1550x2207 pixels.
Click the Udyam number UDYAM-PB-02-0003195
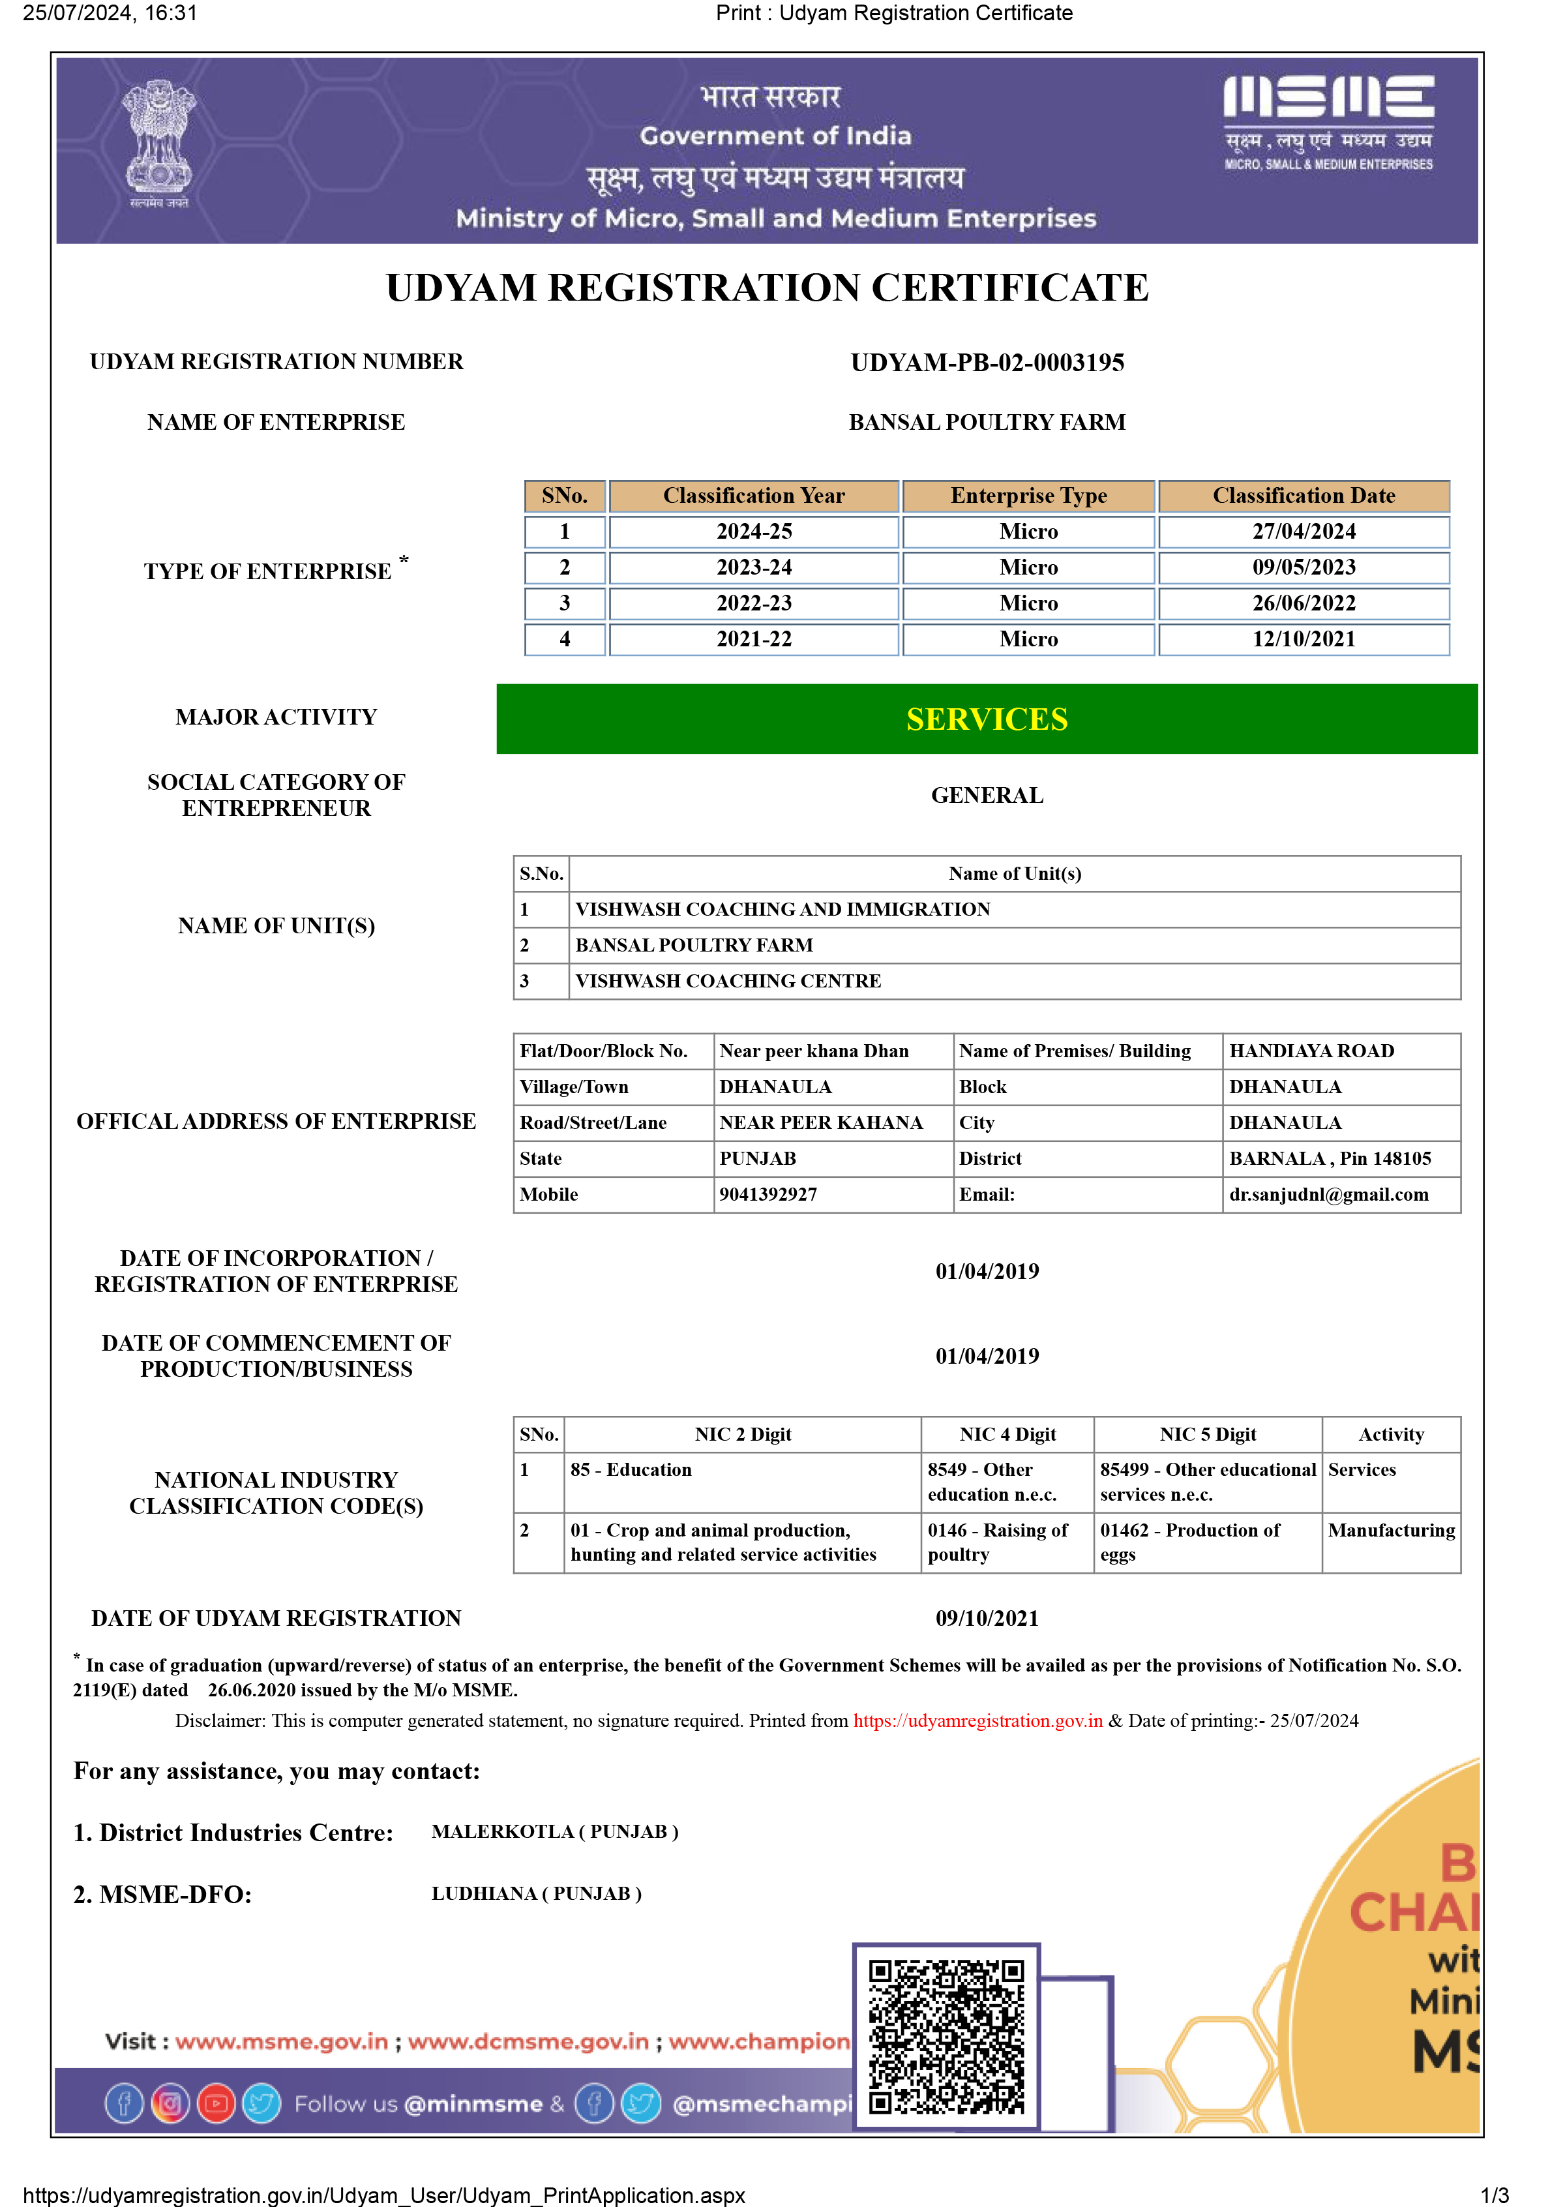tap(987, 363)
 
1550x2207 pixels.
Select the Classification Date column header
tap(1303, 496)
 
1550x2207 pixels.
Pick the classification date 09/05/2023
tap(1303, 568)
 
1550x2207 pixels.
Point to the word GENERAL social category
tap(987, 796)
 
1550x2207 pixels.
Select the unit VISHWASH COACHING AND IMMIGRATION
tap(782, 909)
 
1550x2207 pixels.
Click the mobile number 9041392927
tap(768, 1195)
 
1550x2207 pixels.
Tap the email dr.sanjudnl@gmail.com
tap(1328, 1195)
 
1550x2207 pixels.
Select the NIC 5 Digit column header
tap(1207, 1434)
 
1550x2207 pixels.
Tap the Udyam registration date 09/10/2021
tap(987, 1619)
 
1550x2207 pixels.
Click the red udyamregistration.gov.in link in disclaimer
tap(977, 1720)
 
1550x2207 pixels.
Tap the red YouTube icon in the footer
tap(216, 2103)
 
